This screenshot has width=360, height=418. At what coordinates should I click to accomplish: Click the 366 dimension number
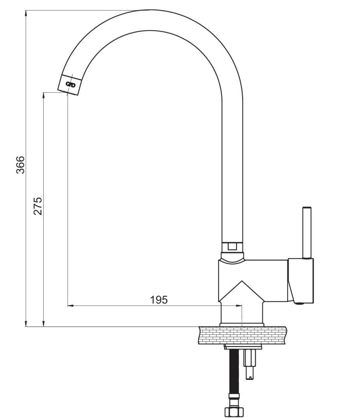[20, 165]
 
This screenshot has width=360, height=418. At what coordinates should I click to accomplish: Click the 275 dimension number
[38, 206]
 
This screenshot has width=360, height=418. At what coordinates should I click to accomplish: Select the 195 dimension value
[159, 300]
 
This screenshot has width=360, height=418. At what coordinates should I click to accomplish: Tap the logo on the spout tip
[71, 85]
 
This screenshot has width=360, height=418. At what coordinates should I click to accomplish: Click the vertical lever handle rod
[307, 232]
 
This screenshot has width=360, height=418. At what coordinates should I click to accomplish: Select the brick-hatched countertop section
[242, 335]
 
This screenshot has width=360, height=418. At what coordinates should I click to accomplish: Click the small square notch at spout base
[232, 246]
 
